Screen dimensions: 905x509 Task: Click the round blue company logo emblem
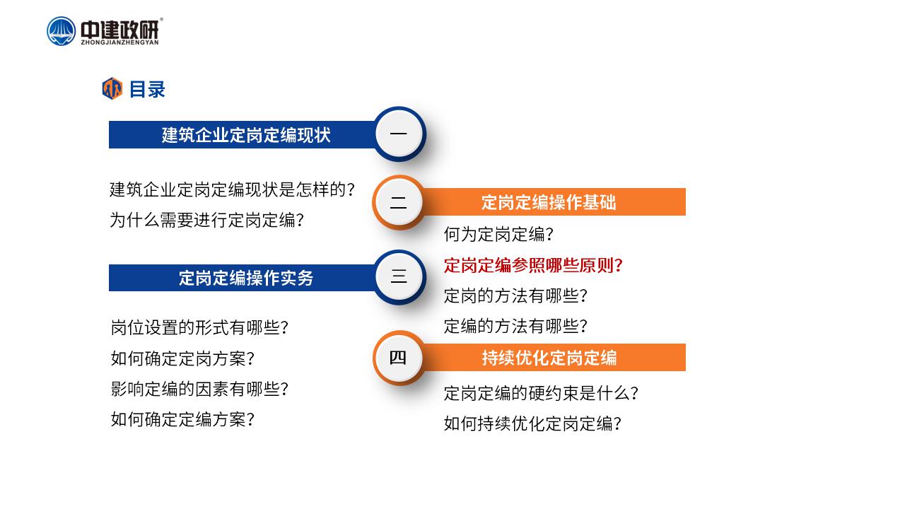[x=61, y=31]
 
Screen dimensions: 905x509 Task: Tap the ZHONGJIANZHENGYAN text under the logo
[x=119, y=42]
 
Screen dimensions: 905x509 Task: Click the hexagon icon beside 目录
[x=112, y=88]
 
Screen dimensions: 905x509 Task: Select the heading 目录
[x=147, y=89]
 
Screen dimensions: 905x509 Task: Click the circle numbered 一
[x=399, y=134]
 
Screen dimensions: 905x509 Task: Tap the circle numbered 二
[x=398, y=202]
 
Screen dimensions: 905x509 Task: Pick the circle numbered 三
[x=399, y=276]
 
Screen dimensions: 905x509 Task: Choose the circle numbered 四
[x=398, y=358]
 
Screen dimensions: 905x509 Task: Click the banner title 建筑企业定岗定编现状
[x=246, y=135]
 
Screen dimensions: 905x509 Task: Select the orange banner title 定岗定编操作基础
[x=549, y=202]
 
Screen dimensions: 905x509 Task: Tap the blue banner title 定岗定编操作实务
[x=246, y=278]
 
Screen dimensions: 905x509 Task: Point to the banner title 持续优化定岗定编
[x=549, y=358]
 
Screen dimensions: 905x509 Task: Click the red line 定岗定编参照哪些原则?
[x=533, y=265]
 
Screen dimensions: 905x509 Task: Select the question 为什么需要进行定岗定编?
[x=206, y=220]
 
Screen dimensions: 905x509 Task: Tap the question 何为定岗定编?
[x=498, y=234]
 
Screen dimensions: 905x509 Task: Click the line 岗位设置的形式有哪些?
[x=199, y=327]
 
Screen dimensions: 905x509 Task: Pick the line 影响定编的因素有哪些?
[x=199, y=389]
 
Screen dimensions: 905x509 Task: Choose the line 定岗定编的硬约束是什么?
[x=541, y=393]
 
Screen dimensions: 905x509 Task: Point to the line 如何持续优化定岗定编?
[x=532, y=423]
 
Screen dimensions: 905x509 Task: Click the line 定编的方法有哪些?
[x=515, y=326]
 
